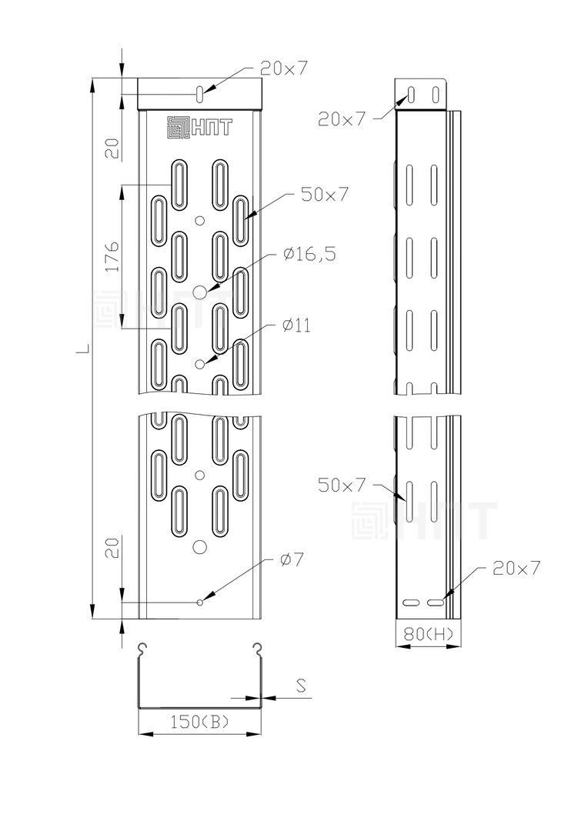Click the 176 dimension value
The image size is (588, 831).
click(112, 257)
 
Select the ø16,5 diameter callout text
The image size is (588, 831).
click(309, 254)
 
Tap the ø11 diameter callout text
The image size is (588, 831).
click(296, 325)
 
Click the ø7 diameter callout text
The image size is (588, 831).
click(291, 559)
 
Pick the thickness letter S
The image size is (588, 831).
click(301, 686)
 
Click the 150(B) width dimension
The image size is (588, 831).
click(199, 721)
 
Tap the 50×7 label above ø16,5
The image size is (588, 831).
click(325, 195)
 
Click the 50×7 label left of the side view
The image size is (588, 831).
click(342, 485)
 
